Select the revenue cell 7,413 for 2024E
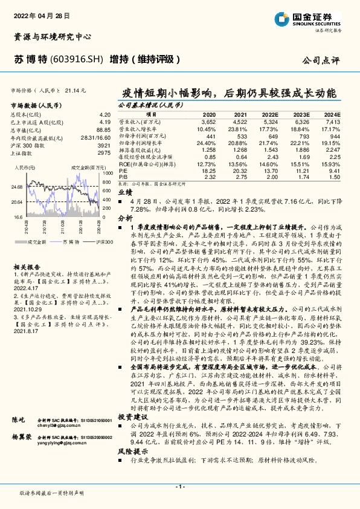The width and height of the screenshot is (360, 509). click(332, 122)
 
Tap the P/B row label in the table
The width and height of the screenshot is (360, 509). click(123, 177)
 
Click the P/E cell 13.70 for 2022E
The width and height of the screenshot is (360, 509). click(270, 171)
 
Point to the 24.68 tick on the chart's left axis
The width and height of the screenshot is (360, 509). click(16, 187)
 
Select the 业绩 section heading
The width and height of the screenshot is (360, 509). click(124, 190)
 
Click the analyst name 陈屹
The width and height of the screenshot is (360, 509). click(19, 418)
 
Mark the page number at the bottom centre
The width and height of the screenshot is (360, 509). click(179, 487)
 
